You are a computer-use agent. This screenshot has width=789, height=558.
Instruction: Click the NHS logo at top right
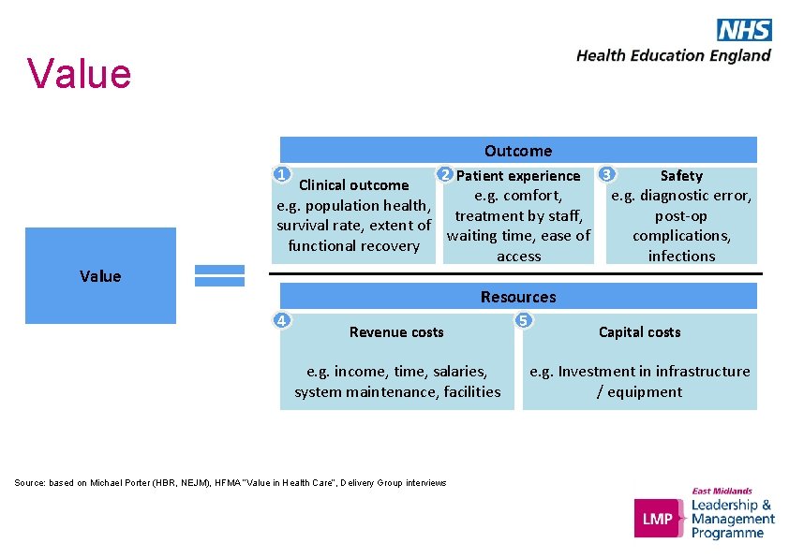tap(744, 30)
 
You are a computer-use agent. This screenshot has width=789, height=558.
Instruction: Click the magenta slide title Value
tap(80, 74)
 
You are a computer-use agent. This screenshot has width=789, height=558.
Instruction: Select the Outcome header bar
tap(518, 151)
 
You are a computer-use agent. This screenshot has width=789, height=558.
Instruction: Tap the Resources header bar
tap(518, 297)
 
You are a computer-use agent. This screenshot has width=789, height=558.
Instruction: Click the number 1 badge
tap(280, 174)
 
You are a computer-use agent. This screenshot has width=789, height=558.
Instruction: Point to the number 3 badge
tap(608, 174)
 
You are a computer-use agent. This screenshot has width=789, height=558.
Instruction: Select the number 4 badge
tap(281, 320)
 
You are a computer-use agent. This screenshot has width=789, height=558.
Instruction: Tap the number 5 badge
tap(524, 320)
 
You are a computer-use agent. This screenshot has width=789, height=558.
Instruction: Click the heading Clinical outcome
tap(354, 185)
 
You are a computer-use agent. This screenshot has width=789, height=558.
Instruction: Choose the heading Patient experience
tap(518, 176)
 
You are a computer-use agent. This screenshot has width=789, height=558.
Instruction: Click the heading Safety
tap(681, 176)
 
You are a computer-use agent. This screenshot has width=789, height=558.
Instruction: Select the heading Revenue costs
tap(396, 332)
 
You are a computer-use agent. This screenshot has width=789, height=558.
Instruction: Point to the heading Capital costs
tap(640, 332)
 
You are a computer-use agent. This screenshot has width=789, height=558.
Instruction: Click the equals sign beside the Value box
tap(219, 275)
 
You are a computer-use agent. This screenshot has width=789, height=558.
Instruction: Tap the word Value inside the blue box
tap(100, 276)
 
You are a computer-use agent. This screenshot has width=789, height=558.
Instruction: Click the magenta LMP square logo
tap(659, 518)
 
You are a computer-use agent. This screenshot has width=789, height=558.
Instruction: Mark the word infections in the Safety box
tap(681, 257)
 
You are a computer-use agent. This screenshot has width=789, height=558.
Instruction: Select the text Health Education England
tap(674, 55)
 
